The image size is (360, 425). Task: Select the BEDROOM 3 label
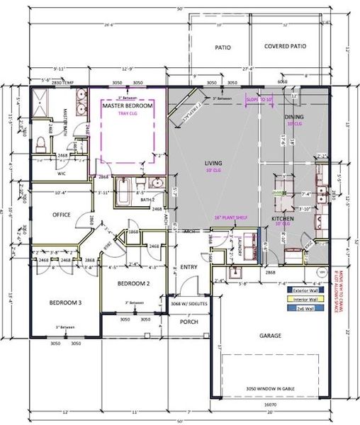click(65, 303)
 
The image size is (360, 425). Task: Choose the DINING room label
click(294, 117)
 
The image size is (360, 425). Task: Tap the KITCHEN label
click(283, 220)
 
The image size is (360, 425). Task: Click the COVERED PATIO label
click(285, 47)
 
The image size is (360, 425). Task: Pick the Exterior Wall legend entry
click(303, 289)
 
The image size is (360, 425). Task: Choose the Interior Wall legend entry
click(303, 299)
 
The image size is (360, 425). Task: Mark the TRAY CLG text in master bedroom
click(127, 113)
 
